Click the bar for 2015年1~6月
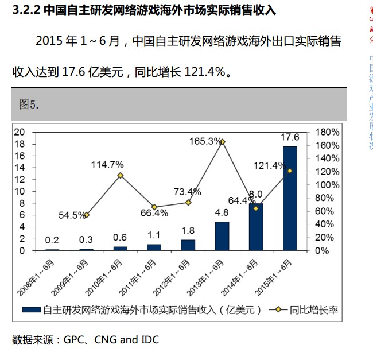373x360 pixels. click(290, 198)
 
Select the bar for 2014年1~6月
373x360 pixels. click(256, 227)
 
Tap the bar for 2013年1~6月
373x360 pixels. click(222, 236)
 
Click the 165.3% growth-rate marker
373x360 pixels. click(222, 142)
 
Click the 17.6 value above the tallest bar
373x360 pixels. click(290, 137)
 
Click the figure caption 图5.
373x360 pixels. click(29, 104)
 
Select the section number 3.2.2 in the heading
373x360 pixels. click(27, 10)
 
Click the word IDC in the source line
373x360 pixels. click(149, 339)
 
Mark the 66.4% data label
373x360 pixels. click(154, 213)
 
